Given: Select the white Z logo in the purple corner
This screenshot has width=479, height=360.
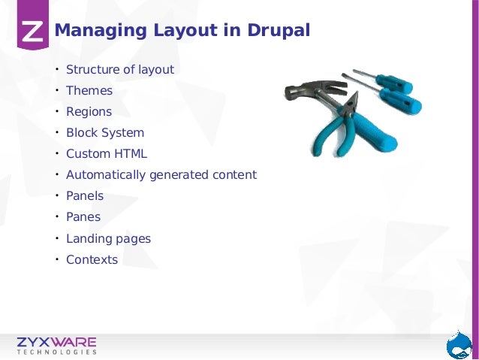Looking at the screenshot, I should (x=32, y=31).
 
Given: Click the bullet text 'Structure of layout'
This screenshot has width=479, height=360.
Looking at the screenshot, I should (x=120, y=70).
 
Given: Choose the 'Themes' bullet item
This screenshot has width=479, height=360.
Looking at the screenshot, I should (x=89, y=91).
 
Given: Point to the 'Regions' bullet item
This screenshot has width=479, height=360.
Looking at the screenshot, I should (x=89, y=112).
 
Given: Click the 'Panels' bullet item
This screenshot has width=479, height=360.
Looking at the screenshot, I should (x=85, y=196).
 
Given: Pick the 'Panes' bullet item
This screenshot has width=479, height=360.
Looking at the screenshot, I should (x=83, y=217).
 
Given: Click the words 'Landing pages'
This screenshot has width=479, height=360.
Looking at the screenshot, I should (x=108, y=239).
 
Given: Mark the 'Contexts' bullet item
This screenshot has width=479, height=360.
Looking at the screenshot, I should (x=92, y=260).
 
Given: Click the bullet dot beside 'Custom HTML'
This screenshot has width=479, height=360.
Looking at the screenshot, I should (x=56, y=154).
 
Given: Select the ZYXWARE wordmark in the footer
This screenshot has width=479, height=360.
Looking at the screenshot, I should (x=57, y=342).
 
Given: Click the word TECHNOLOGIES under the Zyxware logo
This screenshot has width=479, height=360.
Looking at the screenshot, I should (x=57, y=352).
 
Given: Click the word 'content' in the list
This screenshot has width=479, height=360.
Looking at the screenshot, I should (x=233, y=175).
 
